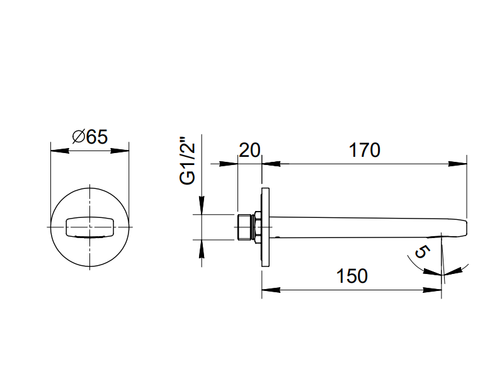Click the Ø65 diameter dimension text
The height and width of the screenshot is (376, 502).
[x=90, y=137]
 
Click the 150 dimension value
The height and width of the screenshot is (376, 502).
[x=351, y=276]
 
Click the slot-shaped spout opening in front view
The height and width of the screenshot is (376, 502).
[x=89, y=227]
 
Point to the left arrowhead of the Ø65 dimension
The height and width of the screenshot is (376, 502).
[x=55, y=151]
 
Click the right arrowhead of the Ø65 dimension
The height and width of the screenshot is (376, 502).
[x=123, y=151]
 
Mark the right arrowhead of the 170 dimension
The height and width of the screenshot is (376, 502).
[x=461, y=164]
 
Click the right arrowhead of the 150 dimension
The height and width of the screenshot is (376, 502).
[x=438, y=290]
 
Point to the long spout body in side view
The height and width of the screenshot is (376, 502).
[x=365, y=227]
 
